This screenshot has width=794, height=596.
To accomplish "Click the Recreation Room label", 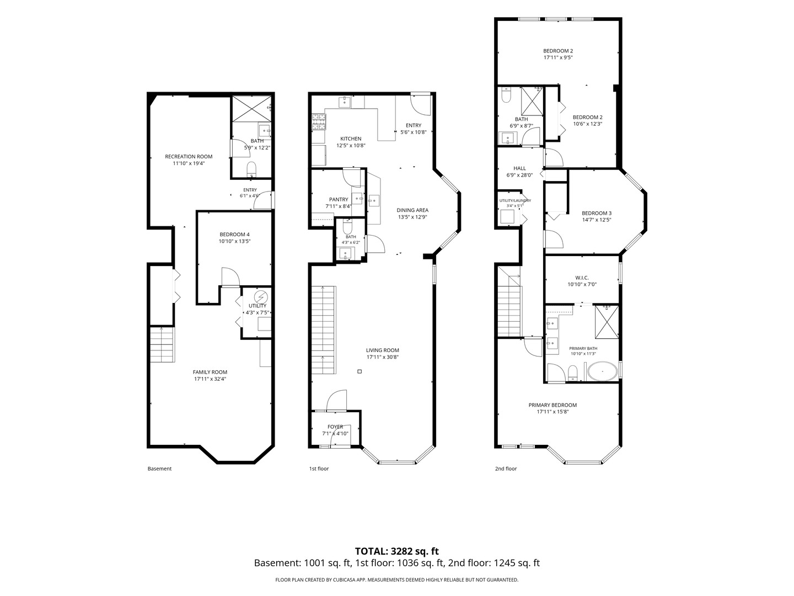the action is (x=189, y=157).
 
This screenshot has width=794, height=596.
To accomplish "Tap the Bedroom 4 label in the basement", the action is (x=234, y=235).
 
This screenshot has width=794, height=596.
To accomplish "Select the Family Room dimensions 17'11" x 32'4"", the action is (x=210, y=379).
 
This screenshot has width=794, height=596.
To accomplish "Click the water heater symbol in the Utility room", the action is (x=260, y=297).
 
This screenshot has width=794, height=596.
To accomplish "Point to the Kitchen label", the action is (x=351, y=139).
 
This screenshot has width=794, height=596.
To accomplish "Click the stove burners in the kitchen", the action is (x=319, y=121).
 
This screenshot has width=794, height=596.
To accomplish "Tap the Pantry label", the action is (x=339, y=199).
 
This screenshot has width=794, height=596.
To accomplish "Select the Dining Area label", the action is (x=412, y=210).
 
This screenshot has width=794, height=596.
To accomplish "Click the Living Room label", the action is (x=382, y=350).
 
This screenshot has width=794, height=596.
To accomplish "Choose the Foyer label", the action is (x=335, y=427).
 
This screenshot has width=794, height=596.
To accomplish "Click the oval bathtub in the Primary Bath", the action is (x=602, y=371).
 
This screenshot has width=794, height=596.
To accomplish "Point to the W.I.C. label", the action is (x=582, y=278).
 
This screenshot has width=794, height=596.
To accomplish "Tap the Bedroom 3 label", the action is (x=597, y=213).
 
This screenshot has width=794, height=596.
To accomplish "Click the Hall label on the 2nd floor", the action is (x=519, y=168).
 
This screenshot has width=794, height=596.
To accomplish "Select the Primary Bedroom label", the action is (x=552, y=405).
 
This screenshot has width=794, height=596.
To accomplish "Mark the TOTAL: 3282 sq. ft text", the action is (x=396, y=551).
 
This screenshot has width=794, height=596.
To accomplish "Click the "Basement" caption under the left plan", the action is (x=159, y=469).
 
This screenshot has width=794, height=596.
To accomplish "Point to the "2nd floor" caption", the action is (x=506, y=469).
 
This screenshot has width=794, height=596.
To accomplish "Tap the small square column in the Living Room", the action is (x=359, y=371).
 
